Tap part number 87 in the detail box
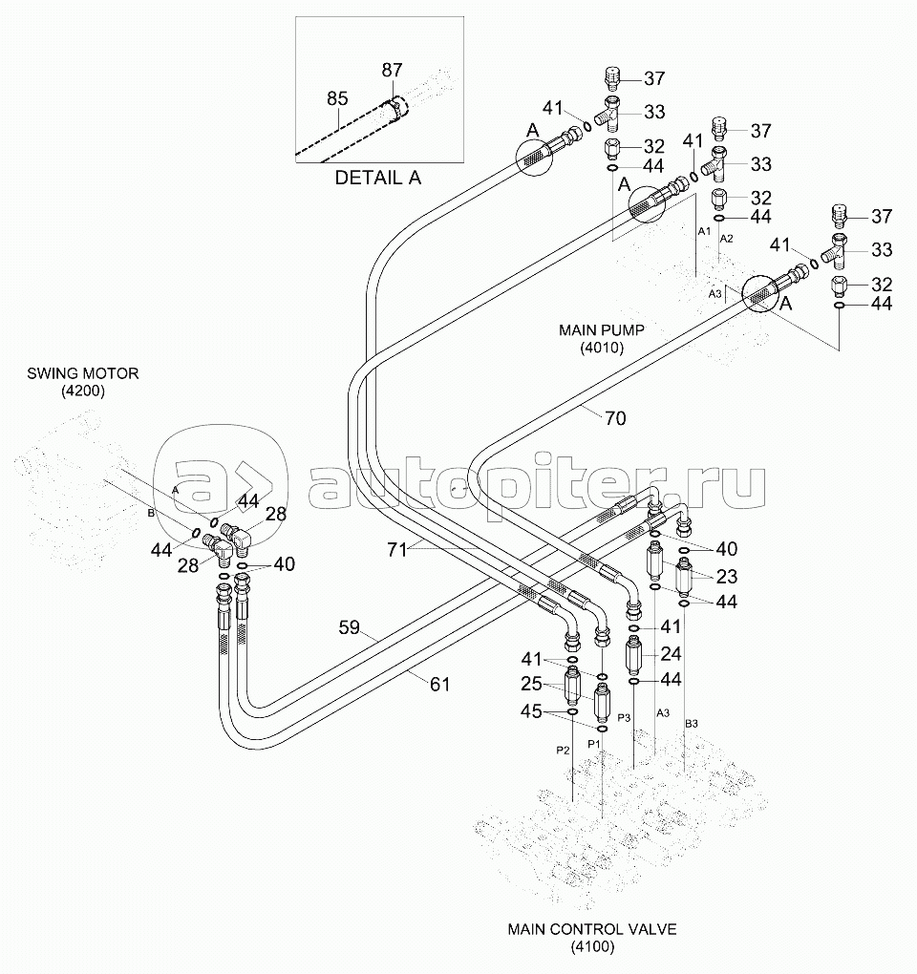392,70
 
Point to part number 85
337,97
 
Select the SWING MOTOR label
83,373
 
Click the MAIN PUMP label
602,330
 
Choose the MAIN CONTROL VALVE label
591,928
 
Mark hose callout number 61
438,683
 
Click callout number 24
671,655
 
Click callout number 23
727,576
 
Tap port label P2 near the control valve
564,751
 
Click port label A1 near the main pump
703,232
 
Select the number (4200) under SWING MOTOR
83,391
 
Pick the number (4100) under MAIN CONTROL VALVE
591,946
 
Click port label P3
625,716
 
